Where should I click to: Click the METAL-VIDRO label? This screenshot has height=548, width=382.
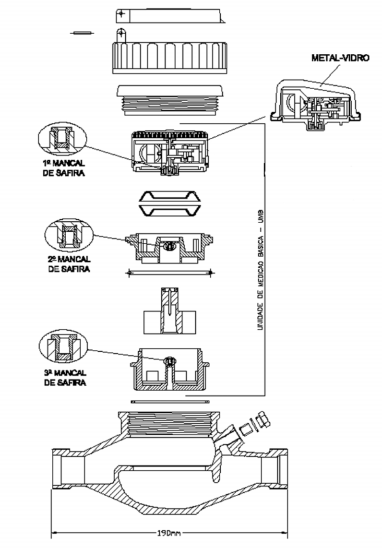(340, 58)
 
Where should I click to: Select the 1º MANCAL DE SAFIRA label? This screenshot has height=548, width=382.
(64, 168)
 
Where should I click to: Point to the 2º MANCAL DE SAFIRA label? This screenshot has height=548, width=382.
(69, 264)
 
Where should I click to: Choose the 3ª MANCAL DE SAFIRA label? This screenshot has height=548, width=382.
(65, 378)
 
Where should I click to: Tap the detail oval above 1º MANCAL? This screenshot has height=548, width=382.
(62, 139)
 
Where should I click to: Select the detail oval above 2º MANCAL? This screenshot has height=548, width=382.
(69, 235)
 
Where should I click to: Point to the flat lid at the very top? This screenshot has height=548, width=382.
(170, 15)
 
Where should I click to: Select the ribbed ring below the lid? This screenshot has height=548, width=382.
(169, 57)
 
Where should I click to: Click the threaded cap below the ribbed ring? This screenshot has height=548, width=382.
(169, 100)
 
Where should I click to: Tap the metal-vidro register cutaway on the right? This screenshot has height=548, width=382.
(316, 105)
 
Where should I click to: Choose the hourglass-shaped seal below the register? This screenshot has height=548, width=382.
(170, 203)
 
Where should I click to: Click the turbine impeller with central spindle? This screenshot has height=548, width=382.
(169, 310)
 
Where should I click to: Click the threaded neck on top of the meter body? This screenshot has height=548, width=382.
(169, 424)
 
